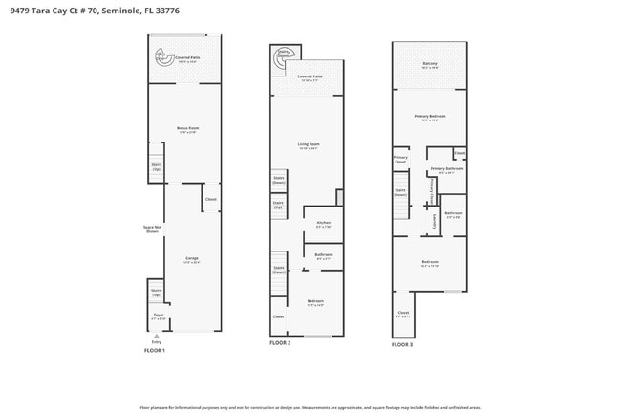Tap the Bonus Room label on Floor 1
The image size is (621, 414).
click(187, 128)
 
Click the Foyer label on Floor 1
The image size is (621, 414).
click(159, 314)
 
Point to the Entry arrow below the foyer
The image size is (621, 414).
click(156, 337)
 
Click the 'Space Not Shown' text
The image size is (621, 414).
click(152, 229)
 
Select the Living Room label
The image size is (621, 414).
click(308, 144)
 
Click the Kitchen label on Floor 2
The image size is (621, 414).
click(323, 222)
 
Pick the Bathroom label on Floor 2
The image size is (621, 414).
click(323, 254)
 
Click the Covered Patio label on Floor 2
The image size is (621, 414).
click(310, 76)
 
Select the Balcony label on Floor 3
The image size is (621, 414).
click(430, 64)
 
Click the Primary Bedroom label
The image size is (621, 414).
click(430, 116)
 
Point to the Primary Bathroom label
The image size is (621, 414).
click(446, 168)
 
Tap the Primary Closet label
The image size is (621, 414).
click(400, 159)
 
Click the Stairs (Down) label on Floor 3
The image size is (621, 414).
click(400, 191)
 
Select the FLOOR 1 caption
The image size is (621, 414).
click(154, 351)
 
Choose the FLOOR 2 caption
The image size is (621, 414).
click(279, 342)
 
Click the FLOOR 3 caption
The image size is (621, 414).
click(402, 344)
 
